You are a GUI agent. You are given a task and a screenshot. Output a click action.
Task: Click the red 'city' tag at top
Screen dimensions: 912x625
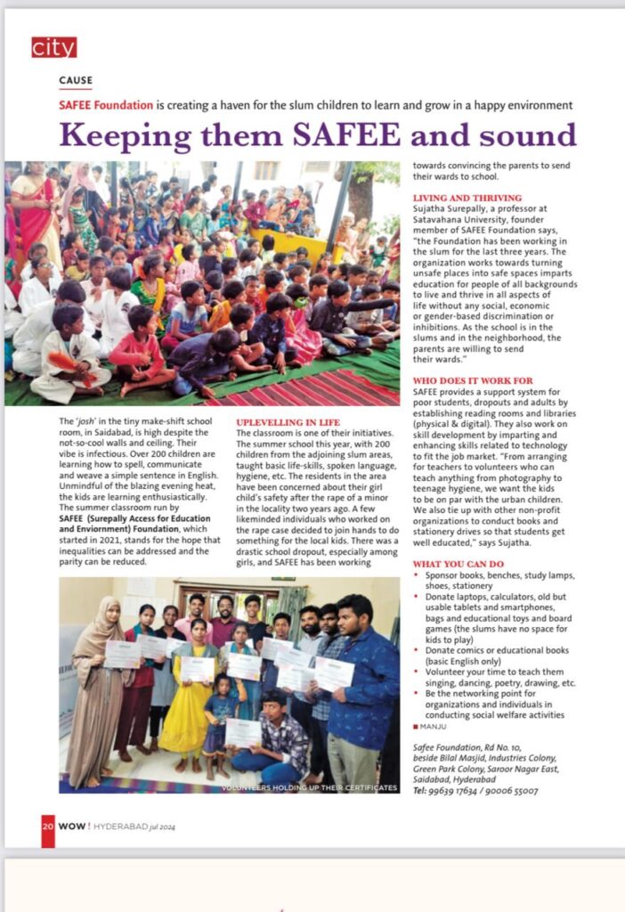click(x=53, y=47)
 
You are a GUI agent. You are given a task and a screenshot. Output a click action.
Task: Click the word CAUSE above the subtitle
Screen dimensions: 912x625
click(x=76, y=80)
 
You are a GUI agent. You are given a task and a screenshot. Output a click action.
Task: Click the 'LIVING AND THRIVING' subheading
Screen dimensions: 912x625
click(x=467, y=198)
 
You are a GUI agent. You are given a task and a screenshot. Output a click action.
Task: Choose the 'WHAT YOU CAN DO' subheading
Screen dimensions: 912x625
click(x=459, y=565)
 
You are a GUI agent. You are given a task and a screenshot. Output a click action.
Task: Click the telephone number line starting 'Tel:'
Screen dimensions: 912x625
click(x=475, y=790)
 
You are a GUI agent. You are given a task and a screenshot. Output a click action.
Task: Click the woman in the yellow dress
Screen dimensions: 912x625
click(x=197, y=695)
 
